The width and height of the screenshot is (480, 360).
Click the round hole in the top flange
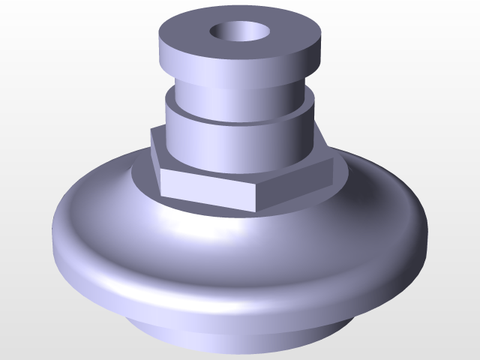click(240, 32)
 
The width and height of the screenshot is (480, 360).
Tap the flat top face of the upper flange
click(285, 34)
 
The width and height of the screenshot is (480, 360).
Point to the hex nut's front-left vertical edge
click(160, 184)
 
